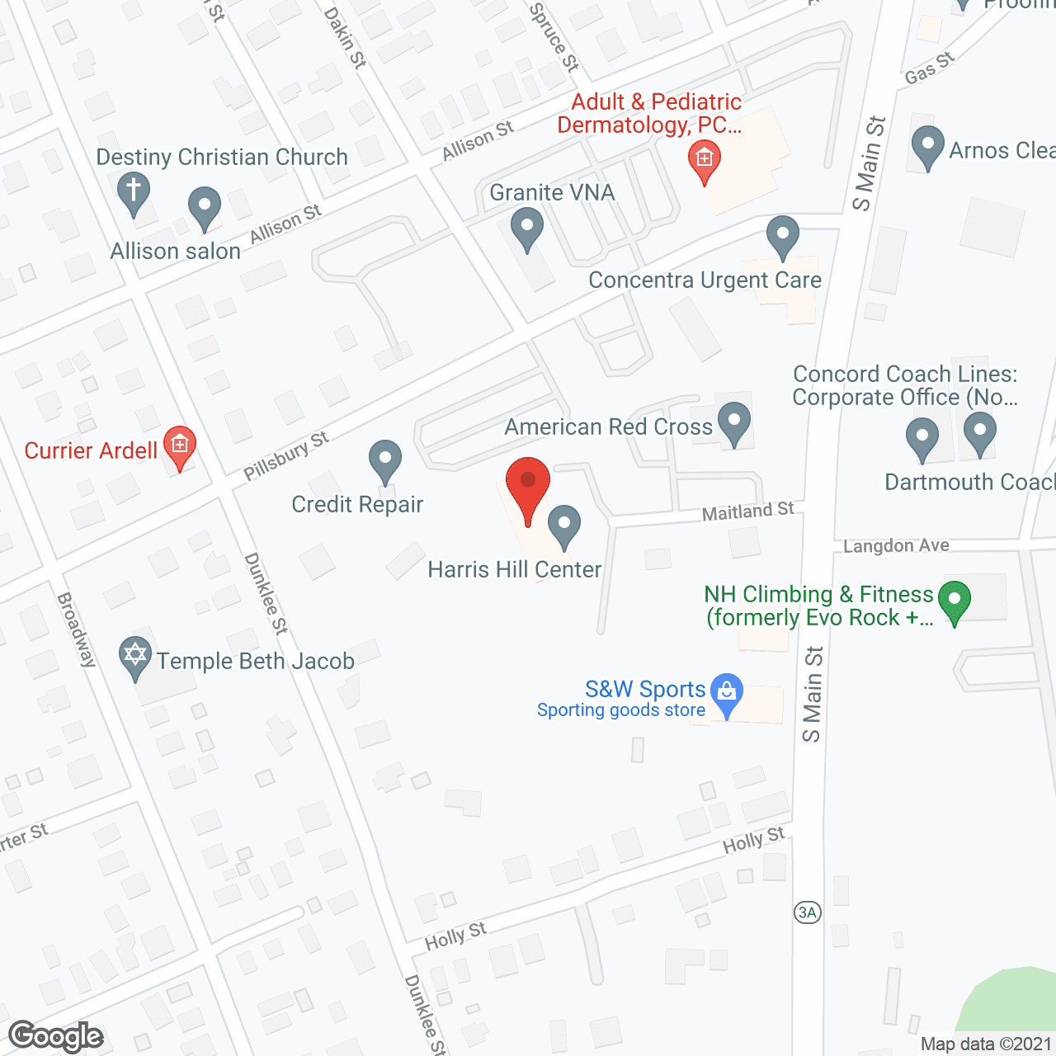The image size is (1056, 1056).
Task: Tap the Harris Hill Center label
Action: click(514, 569)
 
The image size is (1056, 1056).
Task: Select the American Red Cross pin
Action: click(733, 423)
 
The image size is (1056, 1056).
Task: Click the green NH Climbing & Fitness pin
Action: click(955, 602)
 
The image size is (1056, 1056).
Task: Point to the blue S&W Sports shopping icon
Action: click(727, 695)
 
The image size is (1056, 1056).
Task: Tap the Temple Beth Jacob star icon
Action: click(135, 658)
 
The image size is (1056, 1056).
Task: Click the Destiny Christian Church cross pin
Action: click(133, 192)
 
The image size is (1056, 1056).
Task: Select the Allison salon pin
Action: click(205, 208)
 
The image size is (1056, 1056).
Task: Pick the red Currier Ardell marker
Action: click(179, 447)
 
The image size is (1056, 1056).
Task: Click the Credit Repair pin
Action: click(384, 461)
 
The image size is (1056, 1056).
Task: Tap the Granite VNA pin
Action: click(526, 228)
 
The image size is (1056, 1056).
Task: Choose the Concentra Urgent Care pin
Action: click(782, 237)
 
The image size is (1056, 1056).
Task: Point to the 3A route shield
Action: click(808, 912)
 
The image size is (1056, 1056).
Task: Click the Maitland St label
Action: click(747, 511)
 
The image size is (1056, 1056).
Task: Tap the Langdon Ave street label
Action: click(896, 545)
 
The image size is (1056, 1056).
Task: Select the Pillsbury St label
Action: click(286, 455)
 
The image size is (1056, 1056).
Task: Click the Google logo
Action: click(56, 1036)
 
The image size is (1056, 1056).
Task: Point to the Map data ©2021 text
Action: click(986, 1044)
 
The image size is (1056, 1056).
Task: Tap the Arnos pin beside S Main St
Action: click(927, 147)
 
